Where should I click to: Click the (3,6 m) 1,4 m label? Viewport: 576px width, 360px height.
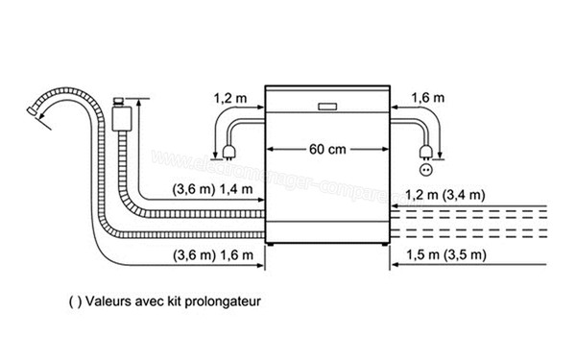click(x=213, y=190)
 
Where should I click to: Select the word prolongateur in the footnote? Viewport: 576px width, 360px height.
click(x=223, y=300)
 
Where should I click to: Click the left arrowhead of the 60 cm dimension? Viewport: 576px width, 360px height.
click(x=270, y=150)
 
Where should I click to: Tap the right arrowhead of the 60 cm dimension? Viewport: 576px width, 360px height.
click(x=386, y=150)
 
